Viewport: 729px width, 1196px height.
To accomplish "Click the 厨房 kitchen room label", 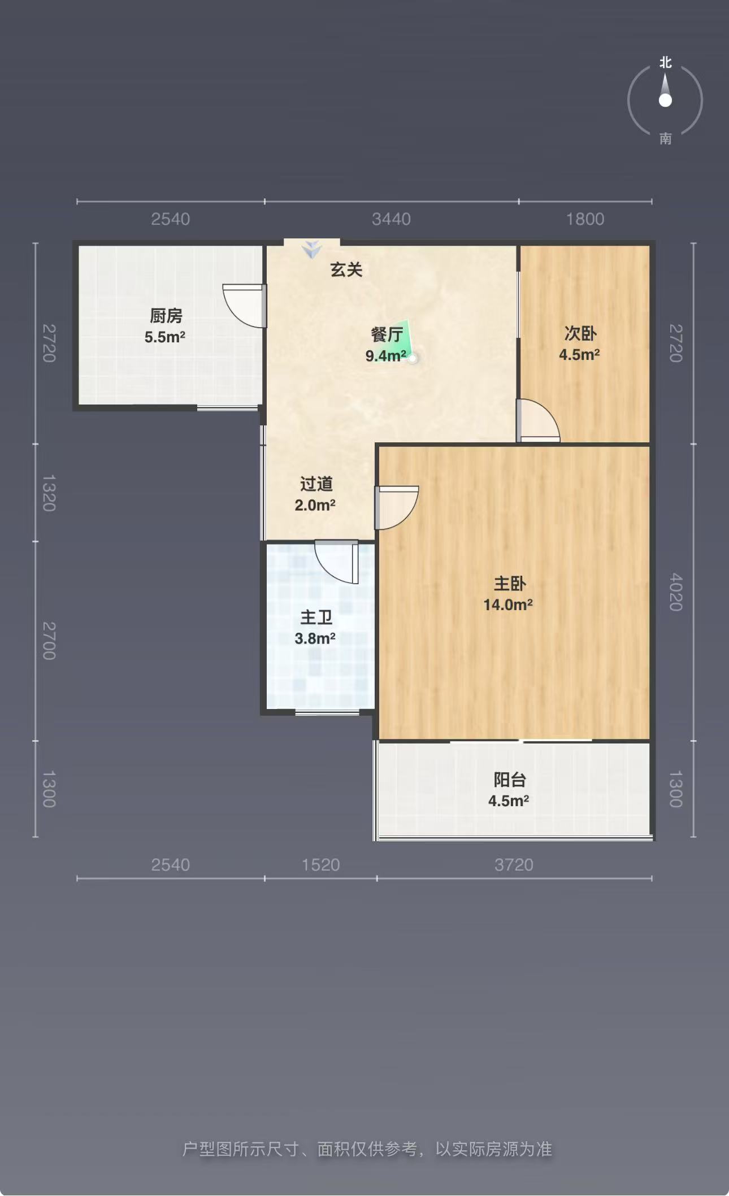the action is (166, 315).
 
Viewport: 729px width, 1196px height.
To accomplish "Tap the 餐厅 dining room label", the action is (387, 334).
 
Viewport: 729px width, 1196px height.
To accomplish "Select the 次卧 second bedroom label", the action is (580, 333).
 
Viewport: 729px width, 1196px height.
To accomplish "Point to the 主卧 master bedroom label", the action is (510, 583).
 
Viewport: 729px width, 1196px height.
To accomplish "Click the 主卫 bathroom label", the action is (316, 617).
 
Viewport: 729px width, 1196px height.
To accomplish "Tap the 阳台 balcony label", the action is (510, 780).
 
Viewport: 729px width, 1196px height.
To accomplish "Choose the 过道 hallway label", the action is (316, 484).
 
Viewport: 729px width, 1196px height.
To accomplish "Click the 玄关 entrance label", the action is (346, 269).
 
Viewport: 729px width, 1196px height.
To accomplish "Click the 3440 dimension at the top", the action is (391, 219).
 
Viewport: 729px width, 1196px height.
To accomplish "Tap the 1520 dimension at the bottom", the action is (320, 864).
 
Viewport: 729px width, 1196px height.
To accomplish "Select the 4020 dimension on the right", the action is (676, 592).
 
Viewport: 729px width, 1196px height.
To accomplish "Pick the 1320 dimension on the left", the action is (49, 493).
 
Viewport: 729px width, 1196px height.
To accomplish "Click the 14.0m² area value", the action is (508, 604).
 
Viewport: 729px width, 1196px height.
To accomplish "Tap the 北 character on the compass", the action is (666, 62).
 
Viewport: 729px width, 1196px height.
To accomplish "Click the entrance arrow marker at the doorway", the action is (311, 249).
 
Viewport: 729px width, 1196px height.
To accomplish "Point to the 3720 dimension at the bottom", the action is (514, 864).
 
